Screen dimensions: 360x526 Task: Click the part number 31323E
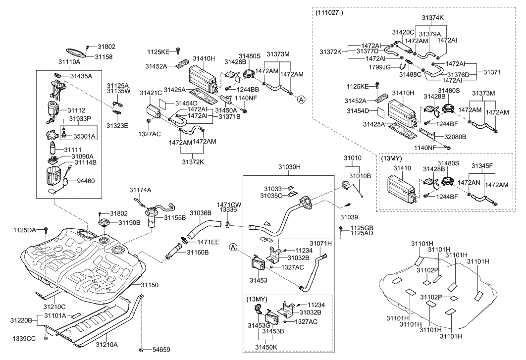[117, 126]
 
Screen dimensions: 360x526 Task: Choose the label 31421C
[150, 93]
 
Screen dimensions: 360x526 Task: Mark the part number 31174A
[141, 190]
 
